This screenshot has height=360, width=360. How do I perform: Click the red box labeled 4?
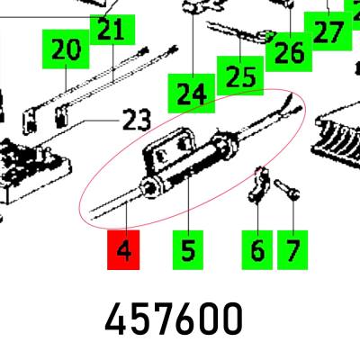(x=123, y=250)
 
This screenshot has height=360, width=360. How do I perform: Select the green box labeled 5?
(x=188, y=250)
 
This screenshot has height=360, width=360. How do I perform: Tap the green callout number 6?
(x=257, y=250)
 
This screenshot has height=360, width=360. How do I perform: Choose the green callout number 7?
(x=292, y=250)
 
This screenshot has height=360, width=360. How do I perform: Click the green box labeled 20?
(x=66, y=49)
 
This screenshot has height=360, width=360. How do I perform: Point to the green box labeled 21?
(x=112, y=30)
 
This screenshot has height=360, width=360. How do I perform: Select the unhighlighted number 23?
(x=137, y=120)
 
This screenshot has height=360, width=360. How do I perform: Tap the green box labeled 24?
(x=192, y=94)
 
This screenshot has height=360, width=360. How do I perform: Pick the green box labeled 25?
(x=240, y=75)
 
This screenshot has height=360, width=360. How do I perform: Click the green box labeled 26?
(x=289, y=52)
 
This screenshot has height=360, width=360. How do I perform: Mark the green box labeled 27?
(x=328, y=31)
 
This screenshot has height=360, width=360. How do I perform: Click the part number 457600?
(x=174, y=319)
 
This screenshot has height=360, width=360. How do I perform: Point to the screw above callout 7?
(x=287, y=189)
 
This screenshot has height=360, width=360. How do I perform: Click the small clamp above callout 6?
(x=258, y=184)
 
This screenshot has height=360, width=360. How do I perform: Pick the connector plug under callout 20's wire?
(x=29, y=122)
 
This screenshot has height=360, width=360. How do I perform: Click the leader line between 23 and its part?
(x=78, y=133)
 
